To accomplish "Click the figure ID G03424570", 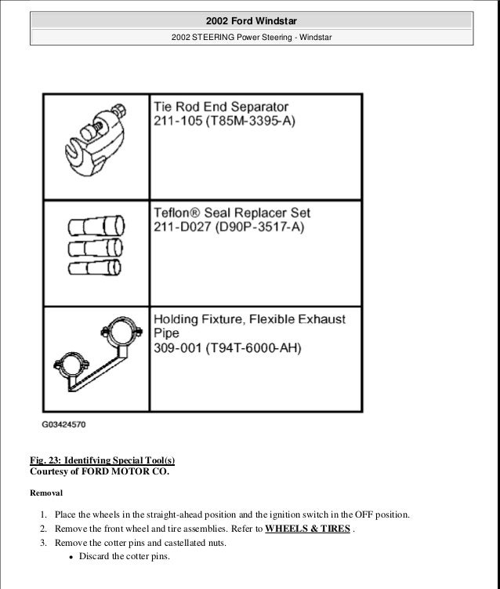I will [x=63, y=425].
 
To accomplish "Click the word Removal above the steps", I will [x=46, y=493].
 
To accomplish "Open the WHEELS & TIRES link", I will [x=307, y=529].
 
